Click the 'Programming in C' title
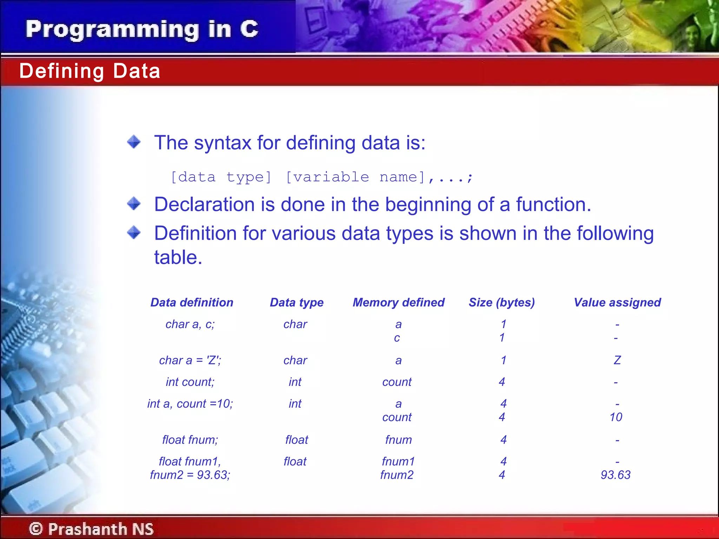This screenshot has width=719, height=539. pyautogui.click(x=142, y=29)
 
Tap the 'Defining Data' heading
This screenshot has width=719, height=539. pyautogui.click(x=90, y=71)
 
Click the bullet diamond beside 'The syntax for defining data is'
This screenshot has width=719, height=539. pyautogui.click(x=134, y=142)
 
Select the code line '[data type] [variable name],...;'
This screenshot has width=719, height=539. pyautogui.click(x=322, y=177)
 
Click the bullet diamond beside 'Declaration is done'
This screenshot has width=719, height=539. pyautogui.click(x=134, y=203)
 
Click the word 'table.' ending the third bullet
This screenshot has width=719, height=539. pyautogui.click(x=178, y=258)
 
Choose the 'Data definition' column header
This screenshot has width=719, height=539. pyautogui.click(x=192, y=302)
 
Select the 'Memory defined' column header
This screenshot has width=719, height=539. pyautogui.click(x=398, y=302)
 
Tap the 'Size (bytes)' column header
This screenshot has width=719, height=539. pyautogui.click(x=502, y=302)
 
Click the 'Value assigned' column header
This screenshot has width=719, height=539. pyautogui.click(x=617, y=302)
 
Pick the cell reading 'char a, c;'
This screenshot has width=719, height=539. pyautogui.click(x=190, y=324)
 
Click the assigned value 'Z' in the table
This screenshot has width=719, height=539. pyautogui.click(x=617, y=360)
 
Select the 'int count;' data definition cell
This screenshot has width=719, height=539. pyautogui.click(x=190, y=382)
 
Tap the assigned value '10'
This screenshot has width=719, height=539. pyautogui.click(x=616, y=417)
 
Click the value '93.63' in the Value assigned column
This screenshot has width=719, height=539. pyautogui.click(x=615, y=475)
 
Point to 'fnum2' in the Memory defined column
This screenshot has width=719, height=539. pyautogui.click(x=397, y=475)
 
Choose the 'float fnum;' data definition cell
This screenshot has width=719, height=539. pyautogui.click(x=190, y=440)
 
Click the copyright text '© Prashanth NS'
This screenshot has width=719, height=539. pyautogui.click(x=91, y=529)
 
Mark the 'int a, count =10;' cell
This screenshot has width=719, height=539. pyautogui.click(x=190, y=404)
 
